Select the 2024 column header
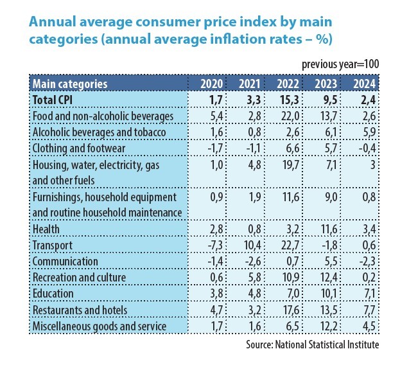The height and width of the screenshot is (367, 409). tap(364, 84)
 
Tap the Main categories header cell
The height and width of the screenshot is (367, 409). tap(70, 84)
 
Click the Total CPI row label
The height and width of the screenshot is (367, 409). tap(56, 100)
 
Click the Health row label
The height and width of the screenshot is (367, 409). tap(47, 229)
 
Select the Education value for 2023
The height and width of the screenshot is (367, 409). tap(327, 294)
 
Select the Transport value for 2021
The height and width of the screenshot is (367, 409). tap(248, 245)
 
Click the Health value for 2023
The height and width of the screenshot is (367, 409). tap(327, 229)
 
